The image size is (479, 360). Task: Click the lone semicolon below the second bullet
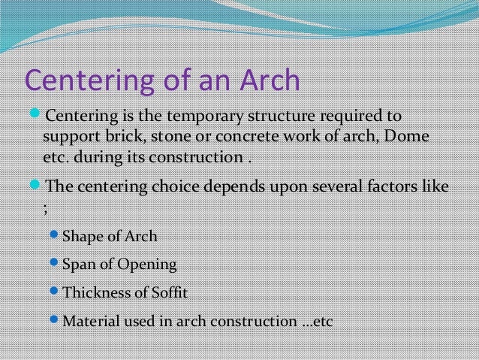pyautogui.click(x=46, y=207)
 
